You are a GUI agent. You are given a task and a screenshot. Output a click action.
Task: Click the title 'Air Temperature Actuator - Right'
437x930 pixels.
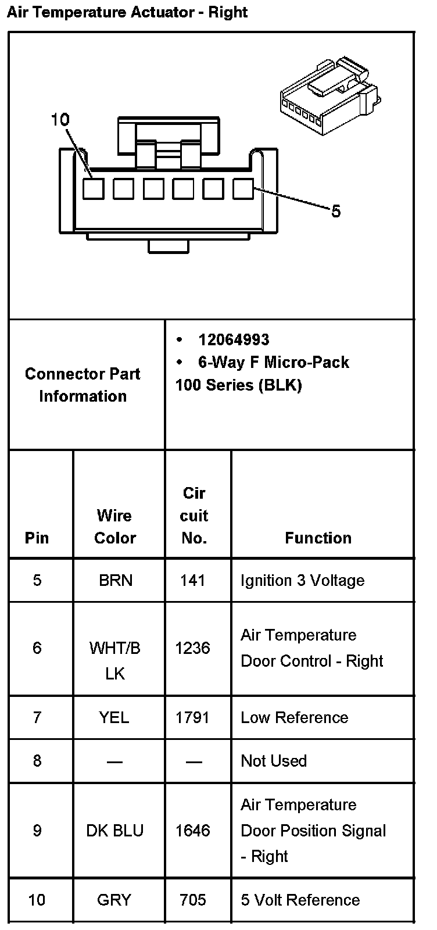pyautogui.click(x=127, y=12)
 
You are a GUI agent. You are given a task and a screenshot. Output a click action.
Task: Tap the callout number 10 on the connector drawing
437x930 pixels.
pyautogui.click(x=60, y=120)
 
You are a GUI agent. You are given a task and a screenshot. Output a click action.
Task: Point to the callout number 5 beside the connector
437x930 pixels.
pyautogui.click(x=336, y=212)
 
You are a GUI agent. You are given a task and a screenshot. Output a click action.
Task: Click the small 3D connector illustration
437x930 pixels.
pyautogui.click(x=329, y=94)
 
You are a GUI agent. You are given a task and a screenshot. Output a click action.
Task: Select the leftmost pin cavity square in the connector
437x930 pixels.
pyautogui.click(x=93, y=188)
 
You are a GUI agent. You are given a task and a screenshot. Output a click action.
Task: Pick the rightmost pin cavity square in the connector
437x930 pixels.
pyautogui.click(x=243, y=188)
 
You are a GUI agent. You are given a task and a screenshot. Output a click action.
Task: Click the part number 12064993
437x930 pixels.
pyautogui.click(x=234, y=339)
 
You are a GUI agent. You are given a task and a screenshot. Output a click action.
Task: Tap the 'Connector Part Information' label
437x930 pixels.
pyautogui.click(x=83, y=385)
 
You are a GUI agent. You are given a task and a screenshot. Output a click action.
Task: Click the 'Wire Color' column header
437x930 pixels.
pyautogui.click(x=114, y=527)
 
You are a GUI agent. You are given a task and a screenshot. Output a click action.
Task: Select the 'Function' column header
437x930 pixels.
pyautogui.click(x=318, y=538)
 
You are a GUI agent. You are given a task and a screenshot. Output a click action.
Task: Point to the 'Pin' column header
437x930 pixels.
pyautogui.click(x=37, y=538)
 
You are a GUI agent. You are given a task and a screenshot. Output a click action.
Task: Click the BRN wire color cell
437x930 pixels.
pyautogui.click(x=115, y=580)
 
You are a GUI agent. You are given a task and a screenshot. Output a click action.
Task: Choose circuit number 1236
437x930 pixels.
pyautogui.click(x=192, y=648)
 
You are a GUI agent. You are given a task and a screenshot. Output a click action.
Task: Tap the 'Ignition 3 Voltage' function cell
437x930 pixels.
pyautogui.click(x=302, y=580)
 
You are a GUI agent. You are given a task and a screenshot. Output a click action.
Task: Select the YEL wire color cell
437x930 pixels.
pyautogui.click(x=114, y=717)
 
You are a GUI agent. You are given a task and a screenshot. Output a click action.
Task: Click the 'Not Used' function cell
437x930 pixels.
pyautogui.click(x=274, y=761)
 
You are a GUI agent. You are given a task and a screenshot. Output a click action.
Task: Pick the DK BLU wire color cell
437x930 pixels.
pyautogui.click(x=114, y=831)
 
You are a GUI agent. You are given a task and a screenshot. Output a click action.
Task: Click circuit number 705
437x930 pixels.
pyautogui.click(x=192, y=900)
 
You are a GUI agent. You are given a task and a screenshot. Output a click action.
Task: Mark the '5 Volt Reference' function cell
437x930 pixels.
pyautogui.click(x=300, y=900)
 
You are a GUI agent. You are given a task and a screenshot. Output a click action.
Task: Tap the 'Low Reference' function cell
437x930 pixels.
pyautogui.click(x=294, y=717)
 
